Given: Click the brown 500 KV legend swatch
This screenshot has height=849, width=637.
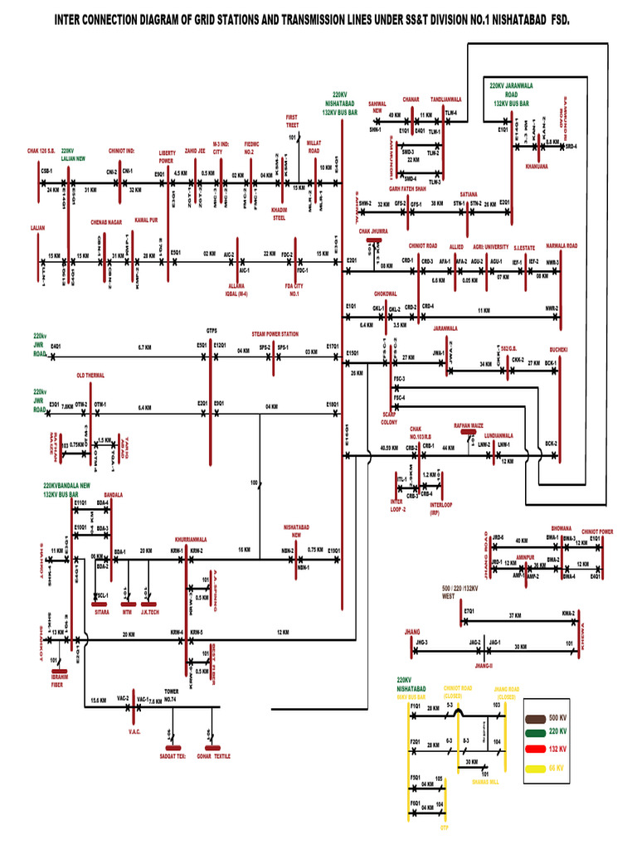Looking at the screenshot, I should (x=536, y=717).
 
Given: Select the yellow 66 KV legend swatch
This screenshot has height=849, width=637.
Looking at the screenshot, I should (x=536, y=769).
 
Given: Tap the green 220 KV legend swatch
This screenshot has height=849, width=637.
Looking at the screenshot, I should (x=536, y=731).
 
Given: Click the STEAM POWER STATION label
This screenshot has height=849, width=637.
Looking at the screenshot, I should (x=275, y=334).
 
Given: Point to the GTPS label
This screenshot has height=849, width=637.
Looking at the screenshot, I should (x=212, y=329).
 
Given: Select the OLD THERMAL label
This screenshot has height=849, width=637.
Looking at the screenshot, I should (x=90, y=376).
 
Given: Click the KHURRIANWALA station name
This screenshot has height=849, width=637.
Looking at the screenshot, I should (x=191, y=539).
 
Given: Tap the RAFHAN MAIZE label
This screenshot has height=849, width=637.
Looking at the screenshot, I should (x=468, y=424).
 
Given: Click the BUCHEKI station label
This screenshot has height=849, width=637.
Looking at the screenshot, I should (x=557, y=350).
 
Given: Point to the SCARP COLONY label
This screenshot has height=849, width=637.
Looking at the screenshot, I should (x=389, y=420).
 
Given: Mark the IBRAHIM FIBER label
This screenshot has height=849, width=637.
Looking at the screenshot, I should (x=56, y=682).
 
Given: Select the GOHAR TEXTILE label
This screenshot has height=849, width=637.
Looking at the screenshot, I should (x=213, y=756).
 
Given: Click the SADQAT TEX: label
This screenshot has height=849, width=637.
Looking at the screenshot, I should (x=172, y=756).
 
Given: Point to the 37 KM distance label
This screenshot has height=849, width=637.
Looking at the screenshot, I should (x=514, y=616).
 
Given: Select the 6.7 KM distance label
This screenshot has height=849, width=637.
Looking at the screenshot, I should (x=144, y=347).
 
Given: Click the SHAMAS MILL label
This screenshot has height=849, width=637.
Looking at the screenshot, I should (x=485, y=781).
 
